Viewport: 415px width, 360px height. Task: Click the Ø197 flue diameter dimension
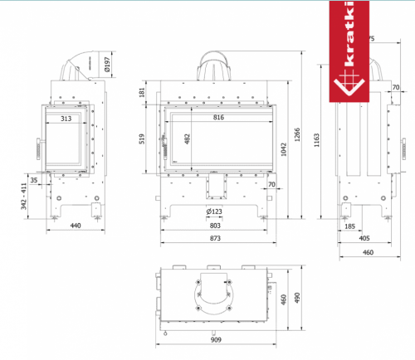pos(107,65)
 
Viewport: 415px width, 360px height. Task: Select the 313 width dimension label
pos(66,119)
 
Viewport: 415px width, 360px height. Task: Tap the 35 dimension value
pos(34,180)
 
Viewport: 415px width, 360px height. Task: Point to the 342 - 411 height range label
pos(24,196)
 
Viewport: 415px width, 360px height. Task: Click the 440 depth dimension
pos(76,226)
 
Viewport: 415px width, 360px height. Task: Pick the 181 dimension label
pos(142,92)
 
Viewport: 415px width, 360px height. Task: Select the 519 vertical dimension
pos(142,139)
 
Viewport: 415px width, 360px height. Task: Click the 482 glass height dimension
pos(188,139)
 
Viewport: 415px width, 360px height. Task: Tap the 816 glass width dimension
pos(218,117)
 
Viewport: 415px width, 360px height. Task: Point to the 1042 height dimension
pos(284,149)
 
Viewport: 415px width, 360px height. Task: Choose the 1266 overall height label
pos(297,134)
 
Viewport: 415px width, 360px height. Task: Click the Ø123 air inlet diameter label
pos(214,212)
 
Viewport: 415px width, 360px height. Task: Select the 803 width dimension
pos(215,226)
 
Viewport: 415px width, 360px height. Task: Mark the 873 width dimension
pos(215,238)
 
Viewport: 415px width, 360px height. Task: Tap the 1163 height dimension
pos(317,140)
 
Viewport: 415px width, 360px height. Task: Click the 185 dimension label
pos(349,226)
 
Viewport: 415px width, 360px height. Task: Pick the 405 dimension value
pos(364,238)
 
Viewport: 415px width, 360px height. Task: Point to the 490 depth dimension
pos(297,298)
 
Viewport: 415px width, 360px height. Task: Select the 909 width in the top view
pos(216,339)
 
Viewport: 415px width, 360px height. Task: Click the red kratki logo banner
pos(349,51)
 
